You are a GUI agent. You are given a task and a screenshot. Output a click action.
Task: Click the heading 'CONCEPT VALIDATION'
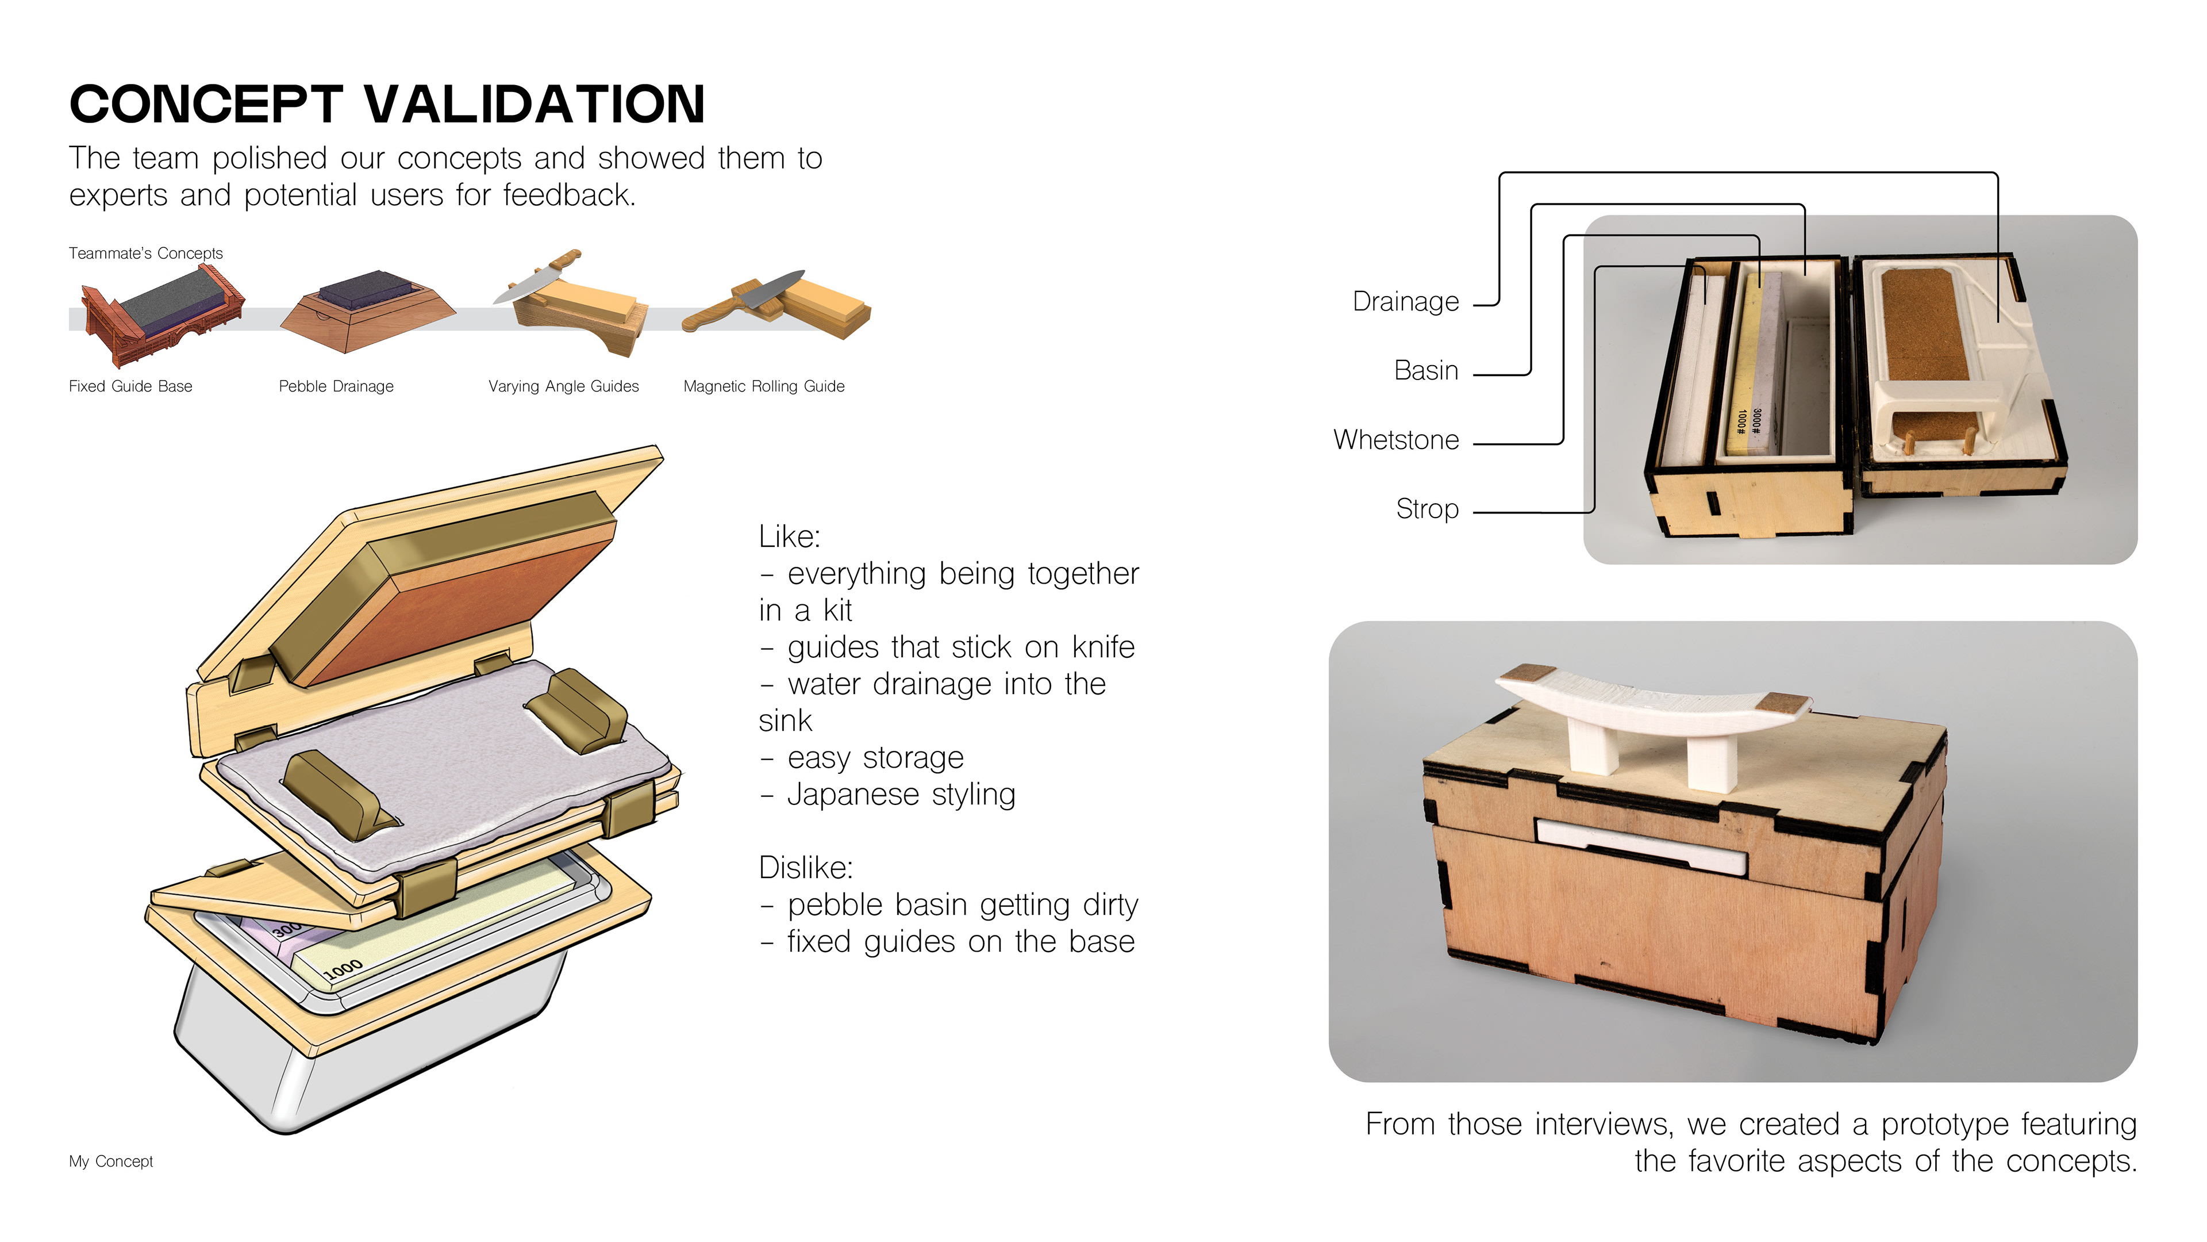pos(387,105)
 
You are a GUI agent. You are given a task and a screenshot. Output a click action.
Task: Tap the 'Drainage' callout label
pos(1405,302)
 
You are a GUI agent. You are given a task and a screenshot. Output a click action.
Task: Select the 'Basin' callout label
pos(1425,370)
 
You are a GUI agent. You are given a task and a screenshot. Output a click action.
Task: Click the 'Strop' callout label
pos(1427,509)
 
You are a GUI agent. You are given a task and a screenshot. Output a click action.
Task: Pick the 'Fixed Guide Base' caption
pos(130,386)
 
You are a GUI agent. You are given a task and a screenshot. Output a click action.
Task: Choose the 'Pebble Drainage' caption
pos(336,386)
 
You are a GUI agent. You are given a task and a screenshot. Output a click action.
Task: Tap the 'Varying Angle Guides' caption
pos(563,386)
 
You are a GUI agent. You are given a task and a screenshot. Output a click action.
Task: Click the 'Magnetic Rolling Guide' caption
pos(763,386)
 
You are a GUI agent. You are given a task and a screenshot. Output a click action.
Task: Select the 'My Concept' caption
pos(110,1161)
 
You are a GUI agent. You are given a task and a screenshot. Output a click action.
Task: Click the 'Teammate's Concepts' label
pos(145,254)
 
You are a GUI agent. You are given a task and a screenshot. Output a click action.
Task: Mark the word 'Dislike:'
pos(805,868)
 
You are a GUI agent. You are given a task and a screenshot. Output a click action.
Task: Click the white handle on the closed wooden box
pos(1654,711)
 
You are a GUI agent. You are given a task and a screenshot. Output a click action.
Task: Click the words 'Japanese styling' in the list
pos(901,795)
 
